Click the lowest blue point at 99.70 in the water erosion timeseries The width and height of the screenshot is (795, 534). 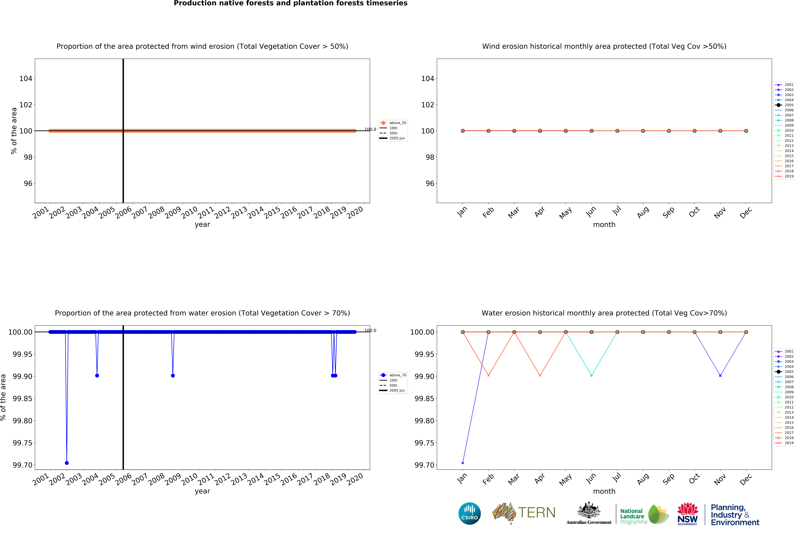[x=67, y=463]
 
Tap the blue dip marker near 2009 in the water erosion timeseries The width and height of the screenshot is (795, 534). [x=173, y=376]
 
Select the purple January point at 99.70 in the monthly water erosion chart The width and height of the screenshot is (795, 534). [x=463, y=463]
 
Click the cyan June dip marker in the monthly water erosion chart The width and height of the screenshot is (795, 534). [x=591, y=376]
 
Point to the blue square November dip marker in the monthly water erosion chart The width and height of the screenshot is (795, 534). [x=720, y=376]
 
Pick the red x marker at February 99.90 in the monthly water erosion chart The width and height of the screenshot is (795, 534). [x=488, y=376]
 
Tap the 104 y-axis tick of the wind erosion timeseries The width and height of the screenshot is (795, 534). [x=26, y=79]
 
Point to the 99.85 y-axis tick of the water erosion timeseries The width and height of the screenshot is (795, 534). [x=22, y=398]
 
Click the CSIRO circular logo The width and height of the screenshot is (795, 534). [x=469, y=513]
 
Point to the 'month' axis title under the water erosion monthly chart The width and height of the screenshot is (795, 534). [x=604, y=491]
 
